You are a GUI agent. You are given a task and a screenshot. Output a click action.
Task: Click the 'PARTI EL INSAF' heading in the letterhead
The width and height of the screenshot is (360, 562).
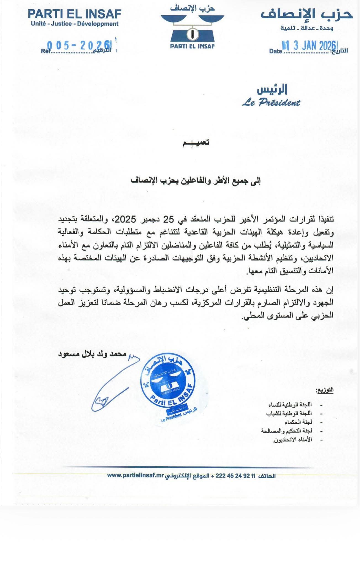tap(75, 14)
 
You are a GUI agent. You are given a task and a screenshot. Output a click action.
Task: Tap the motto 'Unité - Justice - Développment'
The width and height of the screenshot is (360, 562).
tap(75, 24)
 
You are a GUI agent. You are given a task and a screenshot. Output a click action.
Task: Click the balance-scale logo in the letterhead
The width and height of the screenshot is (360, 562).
tap(192, 28)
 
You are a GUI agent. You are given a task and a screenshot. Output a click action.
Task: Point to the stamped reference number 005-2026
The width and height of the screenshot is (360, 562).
tap(79, 45)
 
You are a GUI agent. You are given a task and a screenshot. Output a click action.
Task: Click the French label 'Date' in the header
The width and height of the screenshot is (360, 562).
tap(276, 51)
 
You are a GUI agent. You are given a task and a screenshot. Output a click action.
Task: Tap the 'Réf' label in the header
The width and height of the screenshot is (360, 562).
tap(46, 51)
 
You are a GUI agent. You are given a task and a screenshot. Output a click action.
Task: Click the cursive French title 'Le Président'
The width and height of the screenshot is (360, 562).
tap(271, 103)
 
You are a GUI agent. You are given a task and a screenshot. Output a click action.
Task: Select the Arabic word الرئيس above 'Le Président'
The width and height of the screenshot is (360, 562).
tap(272, 90)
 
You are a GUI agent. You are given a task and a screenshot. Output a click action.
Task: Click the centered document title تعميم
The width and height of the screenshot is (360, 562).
tap(196, 143)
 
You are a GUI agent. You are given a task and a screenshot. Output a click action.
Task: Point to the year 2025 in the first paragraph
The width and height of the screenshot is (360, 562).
tap(125, 219)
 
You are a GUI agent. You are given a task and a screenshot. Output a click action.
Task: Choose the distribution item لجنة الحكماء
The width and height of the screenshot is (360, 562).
tap(298, 422)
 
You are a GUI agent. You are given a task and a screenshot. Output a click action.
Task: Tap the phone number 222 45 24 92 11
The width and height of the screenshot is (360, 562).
tap(232, 476)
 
